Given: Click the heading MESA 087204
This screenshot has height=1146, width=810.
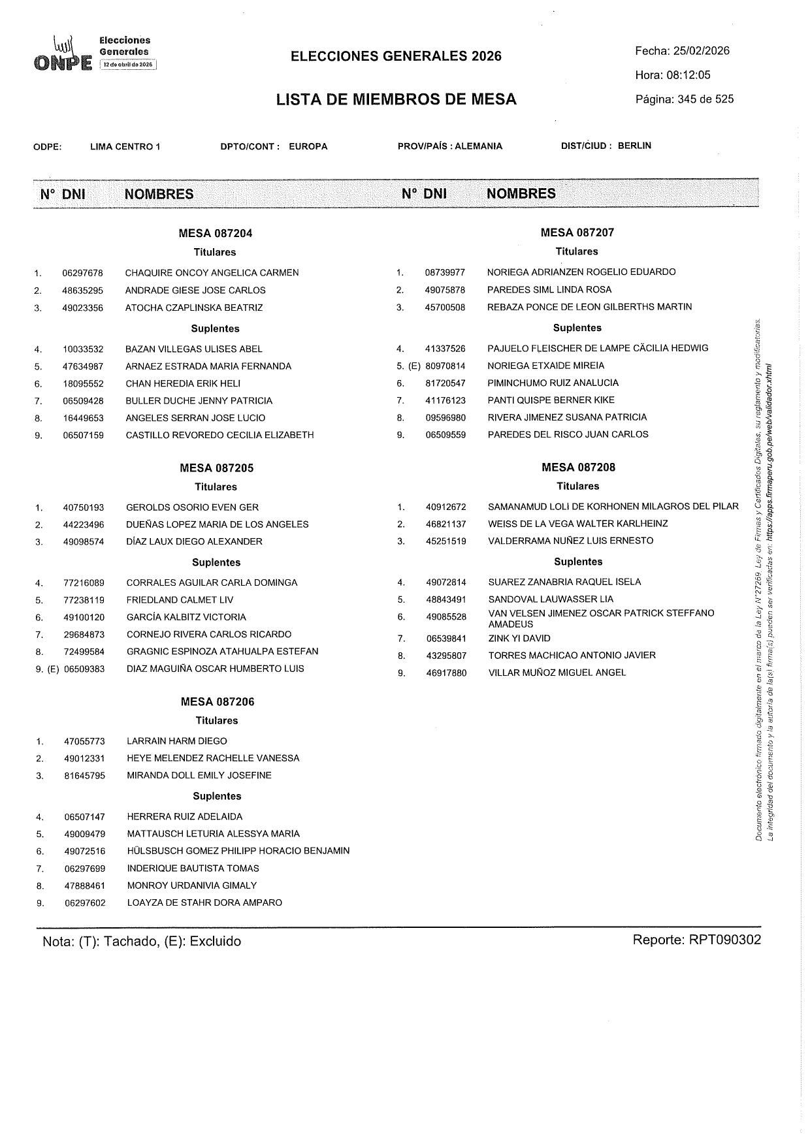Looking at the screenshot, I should [x=216, y=233].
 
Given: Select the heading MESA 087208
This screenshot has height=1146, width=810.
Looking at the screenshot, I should [x=578, y=468].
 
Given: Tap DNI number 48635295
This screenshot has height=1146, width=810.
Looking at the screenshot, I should [x=82, y=291].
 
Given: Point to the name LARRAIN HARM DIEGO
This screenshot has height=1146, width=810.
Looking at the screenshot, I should [x=177, y=741].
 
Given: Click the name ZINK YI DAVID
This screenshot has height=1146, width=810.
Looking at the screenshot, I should [x=519, y=639].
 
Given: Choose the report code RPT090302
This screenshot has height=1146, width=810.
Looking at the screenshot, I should [x=724, y=940].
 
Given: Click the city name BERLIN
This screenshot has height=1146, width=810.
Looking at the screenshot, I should [x=634, y=146].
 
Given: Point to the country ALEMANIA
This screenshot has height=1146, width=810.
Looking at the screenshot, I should [x=479, y=146].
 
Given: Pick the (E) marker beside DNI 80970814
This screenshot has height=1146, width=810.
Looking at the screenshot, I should [x=414, y=366].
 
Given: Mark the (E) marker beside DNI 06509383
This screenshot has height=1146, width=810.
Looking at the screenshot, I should [x=53, y=669].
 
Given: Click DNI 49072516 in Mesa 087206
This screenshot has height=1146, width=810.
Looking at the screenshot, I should [x=85, y=852].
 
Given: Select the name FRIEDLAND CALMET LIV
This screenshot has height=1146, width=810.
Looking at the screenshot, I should [x=180, y=600].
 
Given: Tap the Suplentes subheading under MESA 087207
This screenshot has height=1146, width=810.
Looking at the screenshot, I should [x=577, y=328].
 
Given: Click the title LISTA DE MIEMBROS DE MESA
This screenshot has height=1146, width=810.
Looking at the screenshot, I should [x=396, y=99].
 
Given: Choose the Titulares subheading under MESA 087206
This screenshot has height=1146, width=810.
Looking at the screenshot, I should [x=217, y=721].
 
